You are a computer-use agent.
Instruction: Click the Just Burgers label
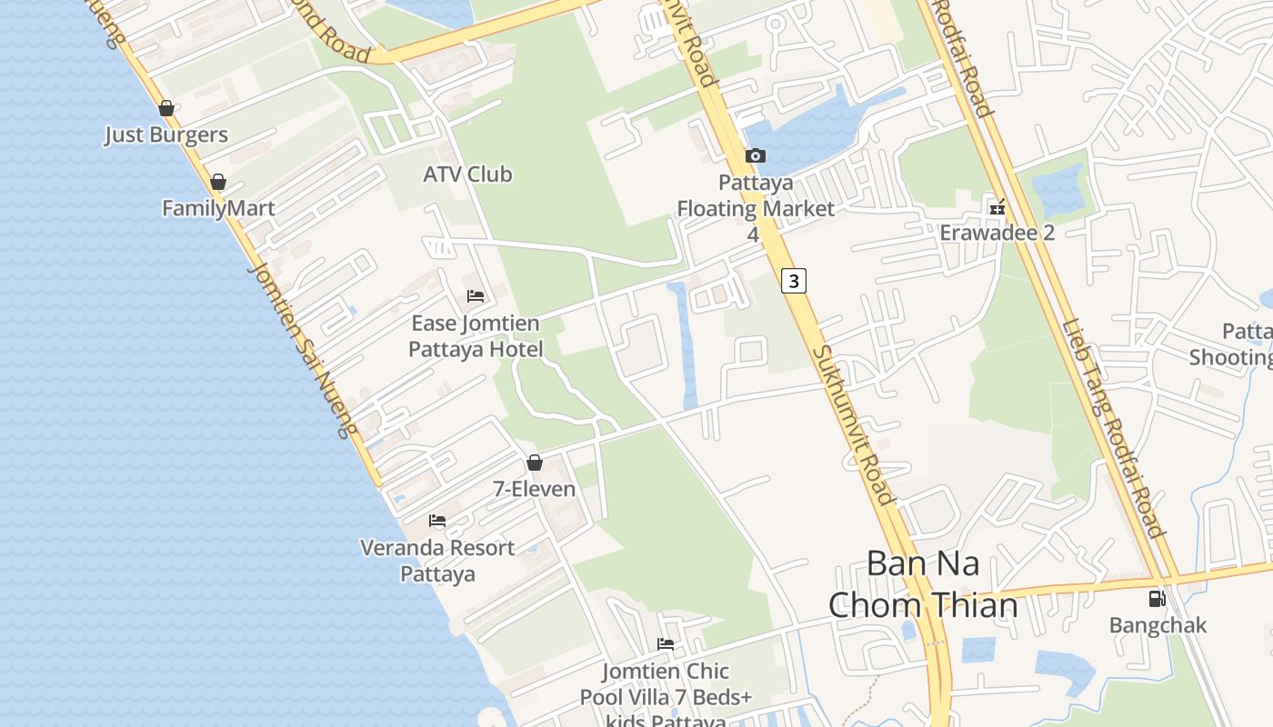tap(165, 135)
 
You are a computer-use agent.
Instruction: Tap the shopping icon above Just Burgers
tap(166, 109)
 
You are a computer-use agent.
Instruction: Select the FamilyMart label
tap(218, 208)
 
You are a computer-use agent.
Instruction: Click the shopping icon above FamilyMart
tap(217, 183)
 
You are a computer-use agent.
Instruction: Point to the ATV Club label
tap(467, 174)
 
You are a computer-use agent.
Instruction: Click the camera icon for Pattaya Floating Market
tap(755, 156)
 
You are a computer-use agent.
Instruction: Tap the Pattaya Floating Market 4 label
tap(755, 208)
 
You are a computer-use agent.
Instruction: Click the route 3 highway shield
tap(794, 281)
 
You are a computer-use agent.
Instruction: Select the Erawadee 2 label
tap(997, 233)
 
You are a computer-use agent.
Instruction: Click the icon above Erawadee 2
tap(997, 207)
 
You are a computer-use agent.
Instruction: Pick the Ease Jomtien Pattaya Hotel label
tap(475, 336)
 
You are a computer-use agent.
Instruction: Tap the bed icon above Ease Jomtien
tap(476, 296)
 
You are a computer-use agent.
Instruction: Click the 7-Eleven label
tap(534, 489)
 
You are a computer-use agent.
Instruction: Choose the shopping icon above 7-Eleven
tap(535, 463)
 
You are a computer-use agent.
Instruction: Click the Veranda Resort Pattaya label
tap(437, 561)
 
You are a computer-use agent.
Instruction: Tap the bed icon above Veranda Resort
tap(437, 521)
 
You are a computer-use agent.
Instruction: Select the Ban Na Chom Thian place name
tap(923, 583)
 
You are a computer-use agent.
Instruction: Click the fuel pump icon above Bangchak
tap(1157, 599)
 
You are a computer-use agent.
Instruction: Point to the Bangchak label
tap(1158, 625)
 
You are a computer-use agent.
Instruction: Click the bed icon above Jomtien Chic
tap(666, 644)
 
